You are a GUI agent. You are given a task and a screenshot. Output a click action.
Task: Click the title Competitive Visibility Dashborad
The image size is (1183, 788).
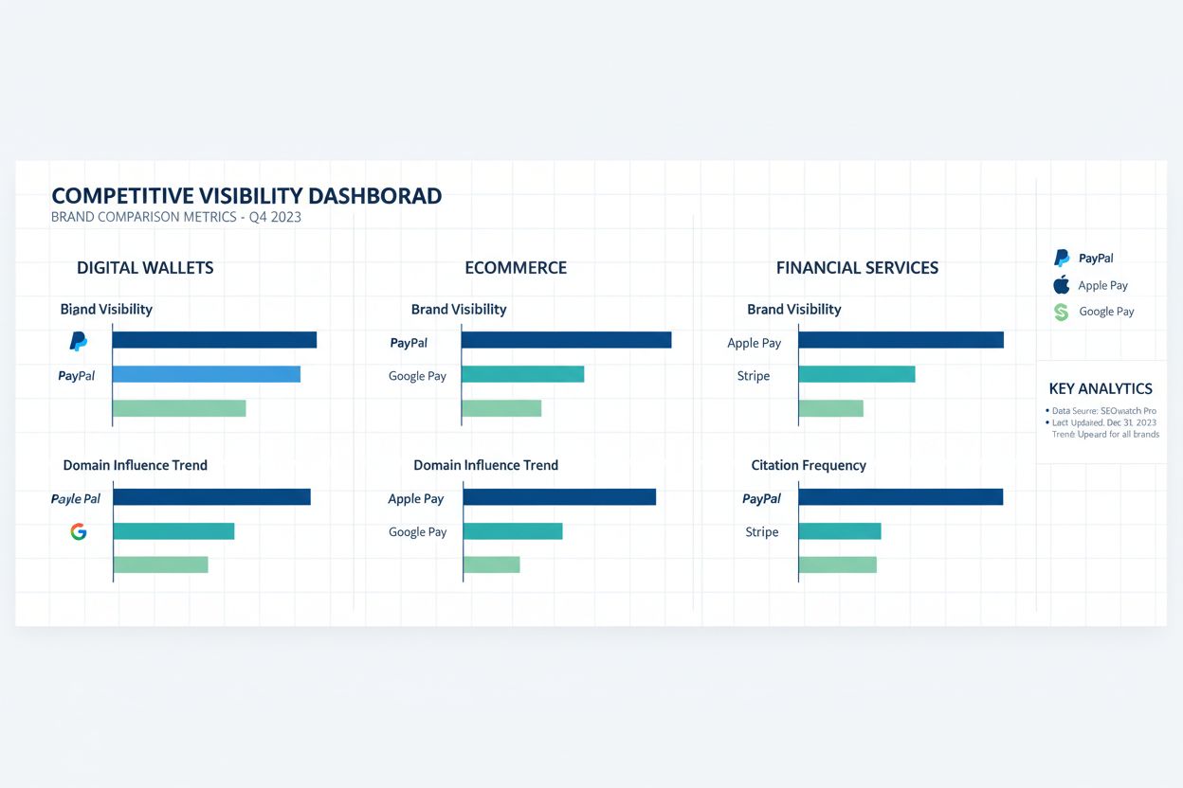pyautogui.click(x=246, y=196)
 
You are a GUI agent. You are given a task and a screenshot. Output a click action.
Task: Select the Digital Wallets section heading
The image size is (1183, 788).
pyautogui.click(x=145, y=268)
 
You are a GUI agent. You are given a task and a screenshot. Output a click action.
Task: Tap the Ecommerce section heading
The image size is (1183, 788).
pyautogui.click(x=516, y=268)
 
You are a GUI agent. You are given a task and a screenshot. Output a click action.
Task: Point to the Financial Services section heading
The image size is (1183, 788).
pyautogui.click(x=857, y=268)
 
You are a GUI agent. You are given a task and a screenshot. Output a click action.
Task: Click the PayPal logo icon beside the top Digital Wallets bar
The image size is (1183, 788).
pyautogui.click(x=79, y=341)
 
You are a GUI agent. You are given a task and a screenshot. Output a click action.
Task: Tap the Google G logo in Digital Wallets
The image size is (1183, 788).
pyautogui.click(x=79, y=531)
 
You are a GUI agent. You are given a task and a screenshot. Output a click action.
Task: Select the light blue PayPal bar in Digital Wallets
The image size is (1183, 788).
pyautogui.click(x=206, y=374)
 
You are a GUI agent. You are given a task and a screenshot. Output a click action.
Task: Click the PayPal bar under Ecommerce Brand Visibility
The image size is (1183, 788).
pyautogui.click(x=566, y=340)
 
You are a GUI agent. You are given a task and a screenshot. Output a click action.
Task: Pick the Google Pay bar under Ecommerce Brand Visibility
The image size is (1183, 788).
pyautogui.click(x=522, y=374)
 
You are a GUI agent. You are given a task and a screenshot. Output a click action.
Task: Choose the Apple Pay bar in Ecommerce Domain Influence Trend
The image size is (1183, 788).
pyautogui.click(x=559, y=497)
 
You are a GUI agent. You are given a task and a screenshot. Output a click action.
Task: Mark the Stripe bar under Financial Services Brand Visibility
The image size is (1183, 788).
pyautogui.click(x=856, y=374)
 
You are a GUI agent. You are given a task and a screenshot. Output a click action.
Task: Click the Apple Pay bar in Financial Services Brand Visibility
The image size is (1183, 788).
pyautogui.click(x=901, y=340)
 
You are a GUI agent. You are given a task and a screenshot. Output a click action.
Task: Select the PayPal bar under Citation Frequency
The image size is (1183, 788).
pyautogui.click(x=901, y=497)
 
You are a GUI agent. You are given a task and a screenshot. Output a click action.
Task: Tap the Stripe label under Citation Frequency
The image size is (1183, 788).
pyautogui.click(x=762, y=532)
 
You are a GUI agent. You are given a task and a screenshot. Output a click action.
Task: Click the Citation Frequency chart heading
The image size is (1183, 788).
pyautogui.click(x=809, y=465)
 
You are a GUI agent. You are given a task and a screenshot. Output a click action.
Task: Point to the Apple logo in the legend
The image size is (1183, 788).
pyautogui.click(x=1062, y=285)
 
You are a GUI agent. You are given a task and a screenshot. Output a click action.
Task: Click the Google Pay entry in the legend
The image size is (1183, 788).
pyautogui.click(x=1105, y=312)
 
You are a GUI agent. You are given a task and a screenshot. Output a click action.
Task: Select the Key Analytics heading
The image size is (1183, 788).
pyautogui.click(x=1101, y=388)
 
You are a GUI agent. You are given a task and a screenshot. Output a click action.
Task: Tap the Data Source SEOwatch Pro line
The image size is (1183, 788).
pyautogui.click(x=1103, y=411)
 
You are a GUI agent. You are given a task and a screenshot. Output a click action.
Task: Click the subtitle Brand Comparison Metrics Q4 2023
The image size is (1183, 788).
pyautogui.click(x=176, y=217)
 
